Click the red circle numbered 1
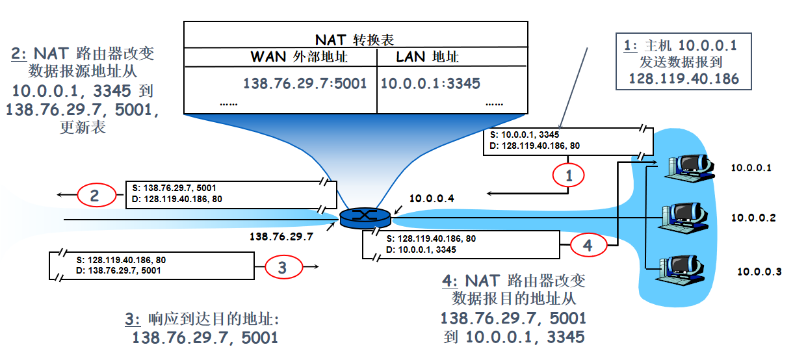[569, 175]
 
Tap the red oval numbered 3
[281, 266]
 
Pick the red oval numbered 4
[588, 246]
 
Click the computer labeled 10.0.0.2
[684, 218]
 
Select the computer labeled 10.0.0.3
[684, 272]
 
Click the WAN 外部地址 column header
[299, 57]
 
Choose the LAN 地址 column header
[427, 57]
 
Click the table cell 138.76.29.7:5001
[304, 83]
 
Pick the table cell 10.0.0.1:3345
[430, 83]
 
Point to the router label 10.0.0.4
[430, 198]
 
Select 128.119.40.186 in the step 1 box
[684, 79]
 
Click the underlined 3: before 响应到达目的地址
[132, 319]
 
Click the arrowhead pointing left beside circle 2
[59, 194]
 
